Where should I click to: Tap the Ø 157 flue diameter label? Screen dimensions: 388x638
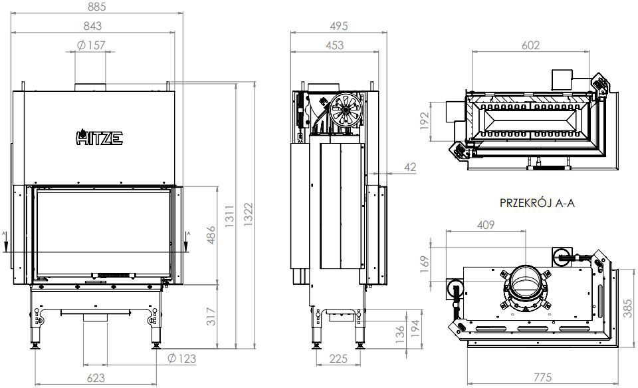tap(92, 45)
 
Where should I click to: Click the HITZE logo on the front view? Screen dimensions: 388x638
tap(97, 138)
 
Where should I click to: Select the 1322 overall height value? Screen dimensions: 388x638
tap(248, 216)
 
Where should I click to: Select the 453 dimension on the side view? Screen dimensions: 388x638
tap(336, 45)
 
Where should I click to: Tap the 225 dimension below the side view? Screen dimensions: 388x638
tap(338, 359)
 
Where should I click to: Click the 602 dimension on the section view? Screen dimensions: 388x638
tap(530, 45)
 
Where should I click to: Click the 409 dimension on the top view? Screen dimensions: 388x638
tap(486, 225)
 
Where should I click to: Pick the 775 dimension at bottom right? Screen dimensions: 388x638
tap(542, 377)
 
